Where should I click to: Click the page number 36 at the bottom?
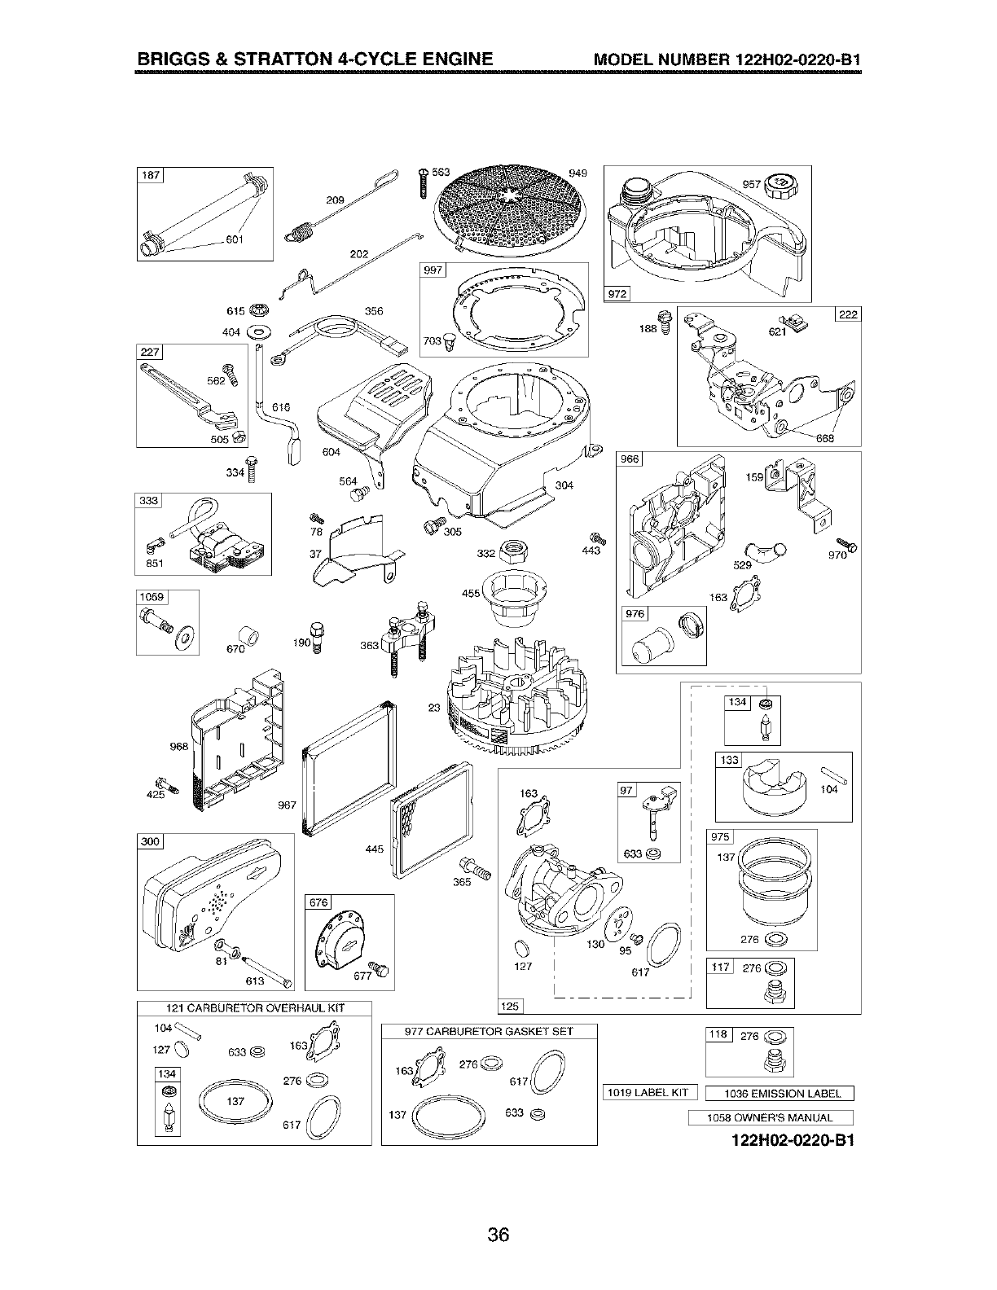(498, 1235)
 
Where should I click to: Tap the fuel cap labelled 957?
(783, 184)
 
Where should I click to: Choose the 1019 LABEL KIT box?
(650, 1092)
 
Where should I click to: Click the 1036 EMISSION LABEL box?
(779, 1093)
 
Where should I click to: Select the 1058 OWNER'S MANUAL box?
(770, 1117)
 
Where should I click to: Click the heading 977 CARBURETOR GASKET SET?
(489, 1031)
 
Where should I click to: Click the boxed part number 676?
(318, 902)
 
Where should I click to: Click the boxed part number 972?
(617, 293)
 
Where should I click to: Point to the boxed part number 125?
(509, 1006)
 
